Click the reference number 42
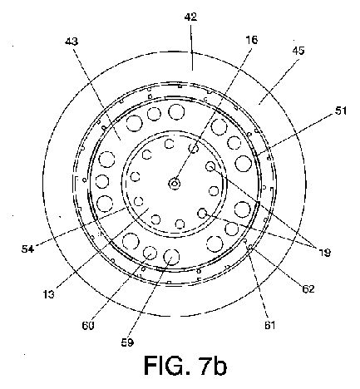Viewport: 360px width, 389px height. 190,17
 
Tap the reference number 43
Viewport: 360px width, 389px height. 72,42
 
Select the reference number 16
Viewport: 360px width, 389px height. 252,40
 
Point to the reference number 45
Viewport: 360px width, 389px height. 298,51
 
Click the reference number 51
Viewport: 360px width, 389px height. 341,111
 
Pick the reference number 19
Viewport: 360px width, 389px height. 324,252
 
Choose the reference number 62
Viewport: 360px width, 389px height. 308,288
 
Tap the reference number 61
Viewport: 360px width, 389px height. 269,325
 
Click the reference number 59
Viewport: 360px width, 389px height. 127,342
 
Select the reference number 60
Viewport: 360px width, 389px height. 88,325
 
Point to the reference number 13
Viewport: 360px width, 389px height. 49,294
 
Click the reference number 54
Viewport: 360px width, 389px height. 27,249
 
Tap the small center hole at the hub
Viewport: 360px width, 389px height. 175,183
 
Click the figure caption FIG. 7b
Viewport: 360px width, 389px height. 185,365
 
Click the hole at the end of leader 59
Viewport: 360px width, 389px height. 171,257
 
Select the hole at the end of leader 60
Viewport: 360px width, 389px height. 150,253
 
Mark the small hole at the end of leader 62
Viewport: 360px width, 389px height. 250,247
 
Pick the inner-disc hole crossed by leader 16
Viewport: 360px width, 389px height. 194,149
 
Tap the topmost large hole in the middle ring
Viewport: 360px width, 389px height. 176,111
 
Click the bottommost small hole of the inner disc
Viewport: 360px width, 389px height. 180,224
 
